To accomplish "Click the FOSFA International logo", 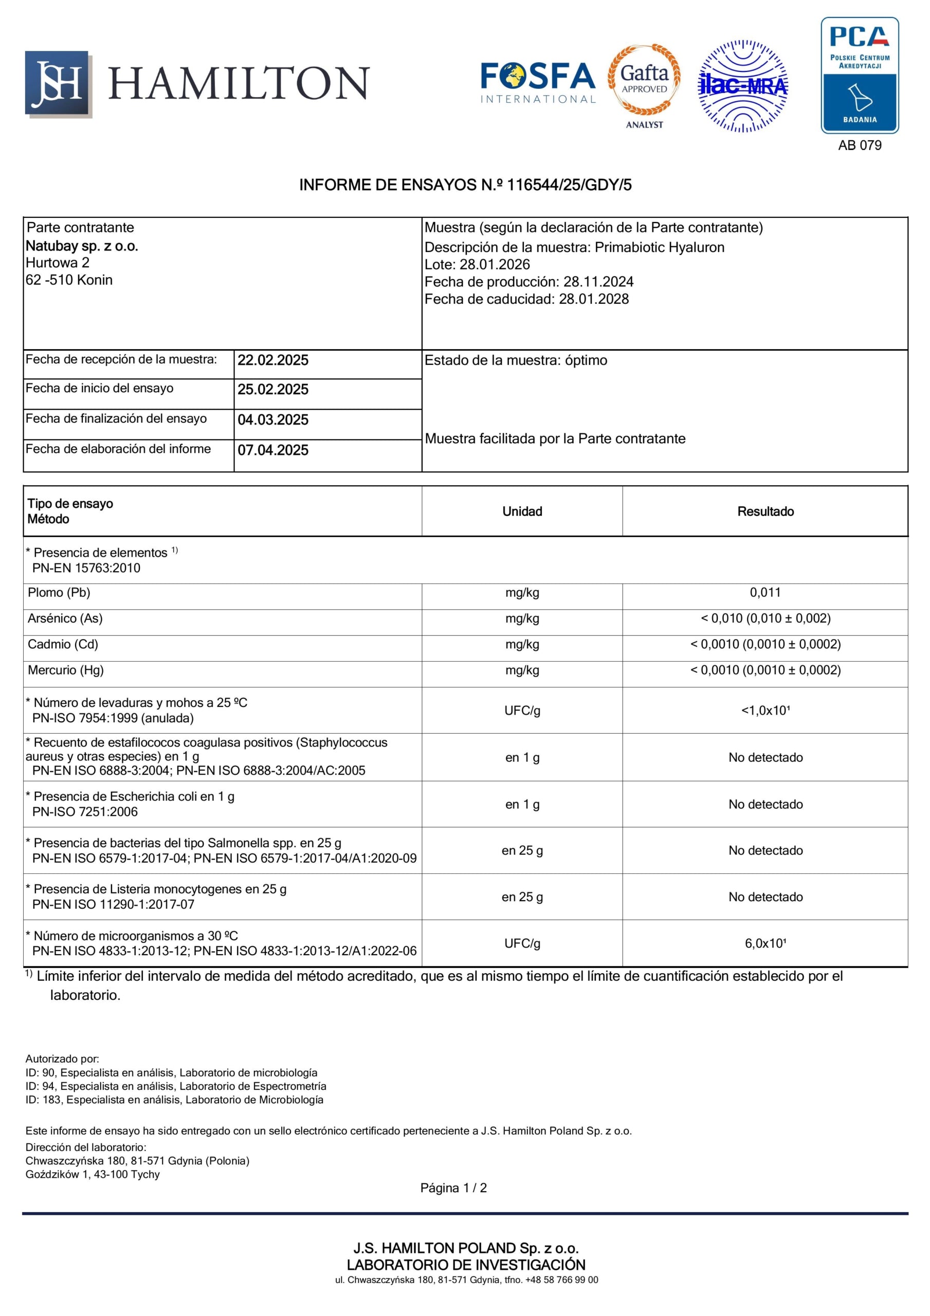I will [x=538, y=83].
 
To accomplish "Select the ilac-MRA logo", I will [x=742, y=86].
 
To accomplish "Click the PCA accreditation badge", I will [x=860, y=75].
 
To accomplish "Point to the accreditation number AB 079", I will [x=860, y=145].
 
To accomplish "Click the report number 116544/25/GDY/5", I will [x=569, y=185].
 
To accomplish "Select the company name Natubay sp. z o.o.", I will [x=82, y=246].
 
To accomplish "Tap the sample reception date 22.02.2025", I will [x=273, y=360].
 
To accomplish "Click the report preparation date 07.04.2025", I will [x=273, y=450].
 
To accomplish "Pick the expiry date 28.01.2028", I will [x=593, y=299].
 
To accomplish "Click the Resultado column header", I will [x=765, y=511].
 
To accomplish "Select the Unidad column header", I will [x=522, y=511].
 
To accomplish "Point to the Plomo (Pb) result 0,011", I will [x=765, y=593].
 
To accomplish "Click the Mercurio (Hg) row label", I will [x=66, y=670].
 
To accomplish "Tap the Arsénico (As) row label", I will [x=65, y=618].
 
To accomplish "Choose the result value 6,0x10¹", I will [x=765, y=943].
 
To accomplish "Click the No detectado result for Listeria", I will [x=765, y=897].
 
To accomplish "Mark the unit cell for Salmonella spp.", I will [x=522, y=851].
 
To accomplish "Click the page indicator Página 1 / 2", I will [x=453, y=1187].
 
